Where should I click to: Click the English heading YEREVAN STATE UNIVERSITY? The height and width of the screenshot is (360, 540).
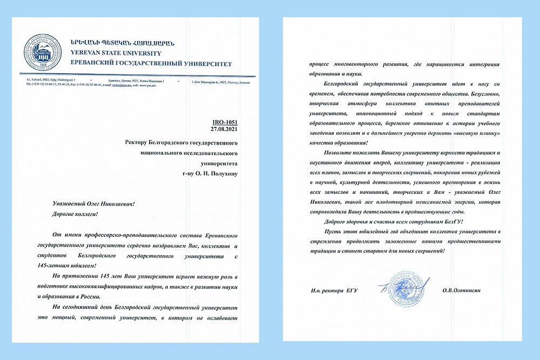click(116, 53)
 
